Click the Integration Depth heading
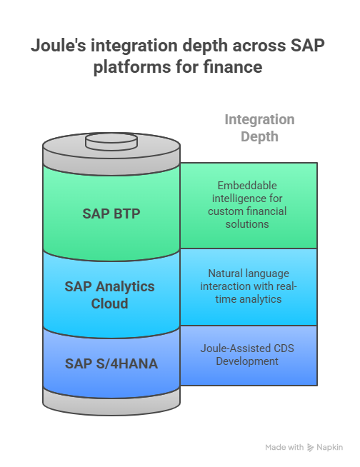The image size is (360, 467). coord(259,127)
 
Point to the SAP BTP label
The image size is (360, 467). coord(111,213)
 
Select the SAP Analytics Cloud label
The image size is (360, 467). coord(109,294)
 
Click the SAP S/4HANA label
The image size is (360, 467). coord(111,364)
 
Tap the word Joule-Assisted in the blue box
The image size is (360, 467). coord(227,349)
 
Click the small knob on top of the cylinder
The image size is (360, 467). coord(111,141)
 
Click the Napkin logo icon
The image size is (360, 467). coord(311,448)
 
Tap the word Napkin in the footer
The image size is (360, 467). coord(330,448)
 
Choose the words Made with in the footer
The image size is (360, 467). coord(284,448)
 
